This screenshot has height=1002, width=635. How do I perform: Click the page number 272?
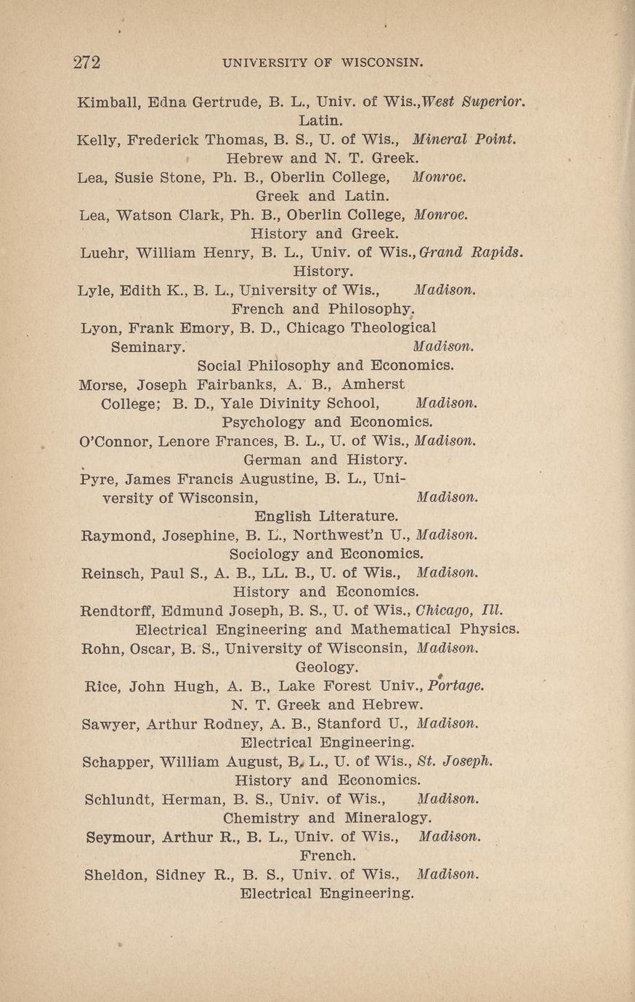tap(86, 62)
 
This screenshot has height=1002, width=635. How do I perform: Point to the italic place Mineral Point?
tap(464, 139)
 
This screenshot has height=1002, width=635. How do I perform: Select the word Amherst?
tap(373, 384)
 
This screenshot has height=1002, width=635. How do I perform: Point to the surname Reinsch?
tap(112, 573)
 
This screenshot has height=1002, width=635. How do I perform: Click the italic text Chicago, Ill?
tap(457, 610)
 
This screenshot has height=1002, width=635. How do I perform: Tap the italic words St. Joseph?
tap(456, 762)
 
